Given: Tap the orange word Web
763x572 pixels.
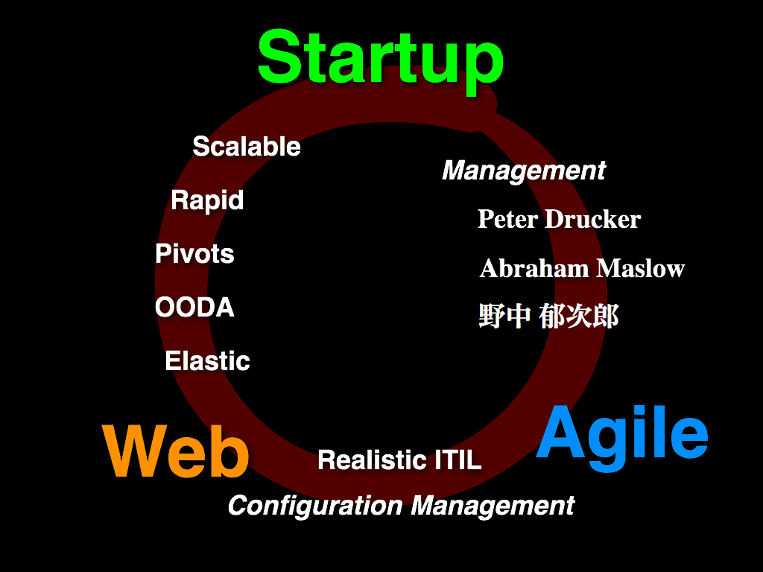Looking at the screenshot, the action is pyautogui.click(x=176, y=451).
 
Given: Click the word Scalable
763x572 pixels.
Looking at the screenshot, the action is pyautogui.click(x=247, y=147).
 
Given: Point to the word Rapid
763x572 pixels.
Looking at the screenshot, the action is pyautogui.click(x=207, y=201).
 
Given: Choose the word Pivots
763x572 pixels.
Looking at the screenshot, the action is pyautogui.click(x=194, y=254).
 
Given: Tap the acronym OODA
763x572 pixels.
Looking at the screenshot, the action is pyautogui.click(x=194, y=308).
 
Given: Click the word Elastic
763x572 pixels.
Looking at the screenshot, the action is pyautogui.click(x=207, y=361).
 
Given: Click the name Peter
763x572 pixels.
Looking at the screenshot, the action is pyautogui.click(x=507, y=219).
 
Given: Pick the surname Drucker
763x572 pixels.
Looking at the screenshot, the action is pyautogui.click(x=592, y=219).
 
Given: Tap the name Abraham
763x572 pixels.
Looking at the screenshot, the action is pyautogui.click(x=534, y=268).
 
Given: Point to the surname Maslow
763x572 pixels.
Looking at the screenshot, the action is pyautogui.click(x=641, y=268).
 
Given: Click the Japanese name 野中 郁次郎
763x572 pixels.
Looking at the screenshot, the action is pyautogui.click(x=548, y=316).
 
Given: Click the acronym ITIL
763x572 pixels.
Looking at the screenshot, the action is pyautogui.click(x=458, y=460).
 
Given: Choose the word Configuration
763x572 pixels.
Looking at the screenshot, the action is pyautogui.click(x=315, y=506).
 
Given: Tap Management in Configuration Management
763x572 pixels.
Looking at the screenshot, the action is pyautogui.click(x=493, y=506).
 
